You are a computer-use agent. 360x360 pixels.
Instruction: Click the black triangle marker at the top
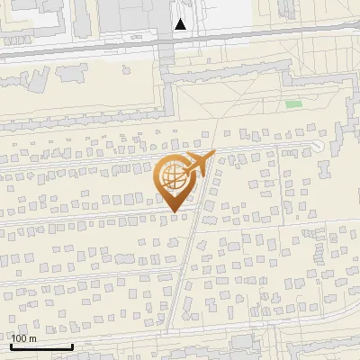[x=181, y=24]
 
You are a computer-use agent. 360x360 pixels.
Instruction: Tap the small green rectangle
[x=293, y=104]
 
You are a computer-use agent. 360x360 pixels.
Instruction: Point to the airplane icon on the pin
[x=199, y=165]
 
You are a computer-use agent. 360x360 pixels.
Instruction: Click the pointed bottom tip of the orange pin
[x=174, y=211]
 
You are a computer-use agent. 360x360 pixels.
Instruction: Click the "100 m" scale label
[x=24, y=338]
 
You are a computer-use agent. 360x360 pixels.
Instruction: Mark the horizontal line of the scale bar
[x=40, y=346]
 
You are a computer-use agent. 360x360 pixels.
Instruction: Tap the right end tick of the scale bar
[x=72, y=345]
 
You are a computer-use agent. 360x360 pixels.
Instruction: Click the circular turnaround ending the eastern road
[x=317, y=146]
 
